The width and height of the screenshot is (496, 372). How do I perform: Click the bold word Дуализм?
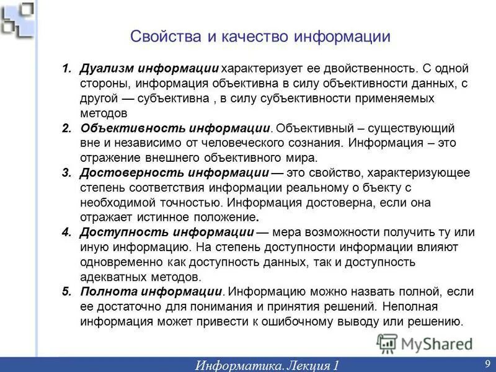(107, 68)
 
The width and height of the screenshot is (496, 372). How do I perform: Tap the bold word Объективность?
(128, 128)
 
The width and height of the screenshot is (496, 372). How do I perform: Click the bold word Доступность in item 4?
(123, 232)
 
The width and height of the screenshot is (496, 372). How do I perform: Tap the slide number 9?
(487, 363)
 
